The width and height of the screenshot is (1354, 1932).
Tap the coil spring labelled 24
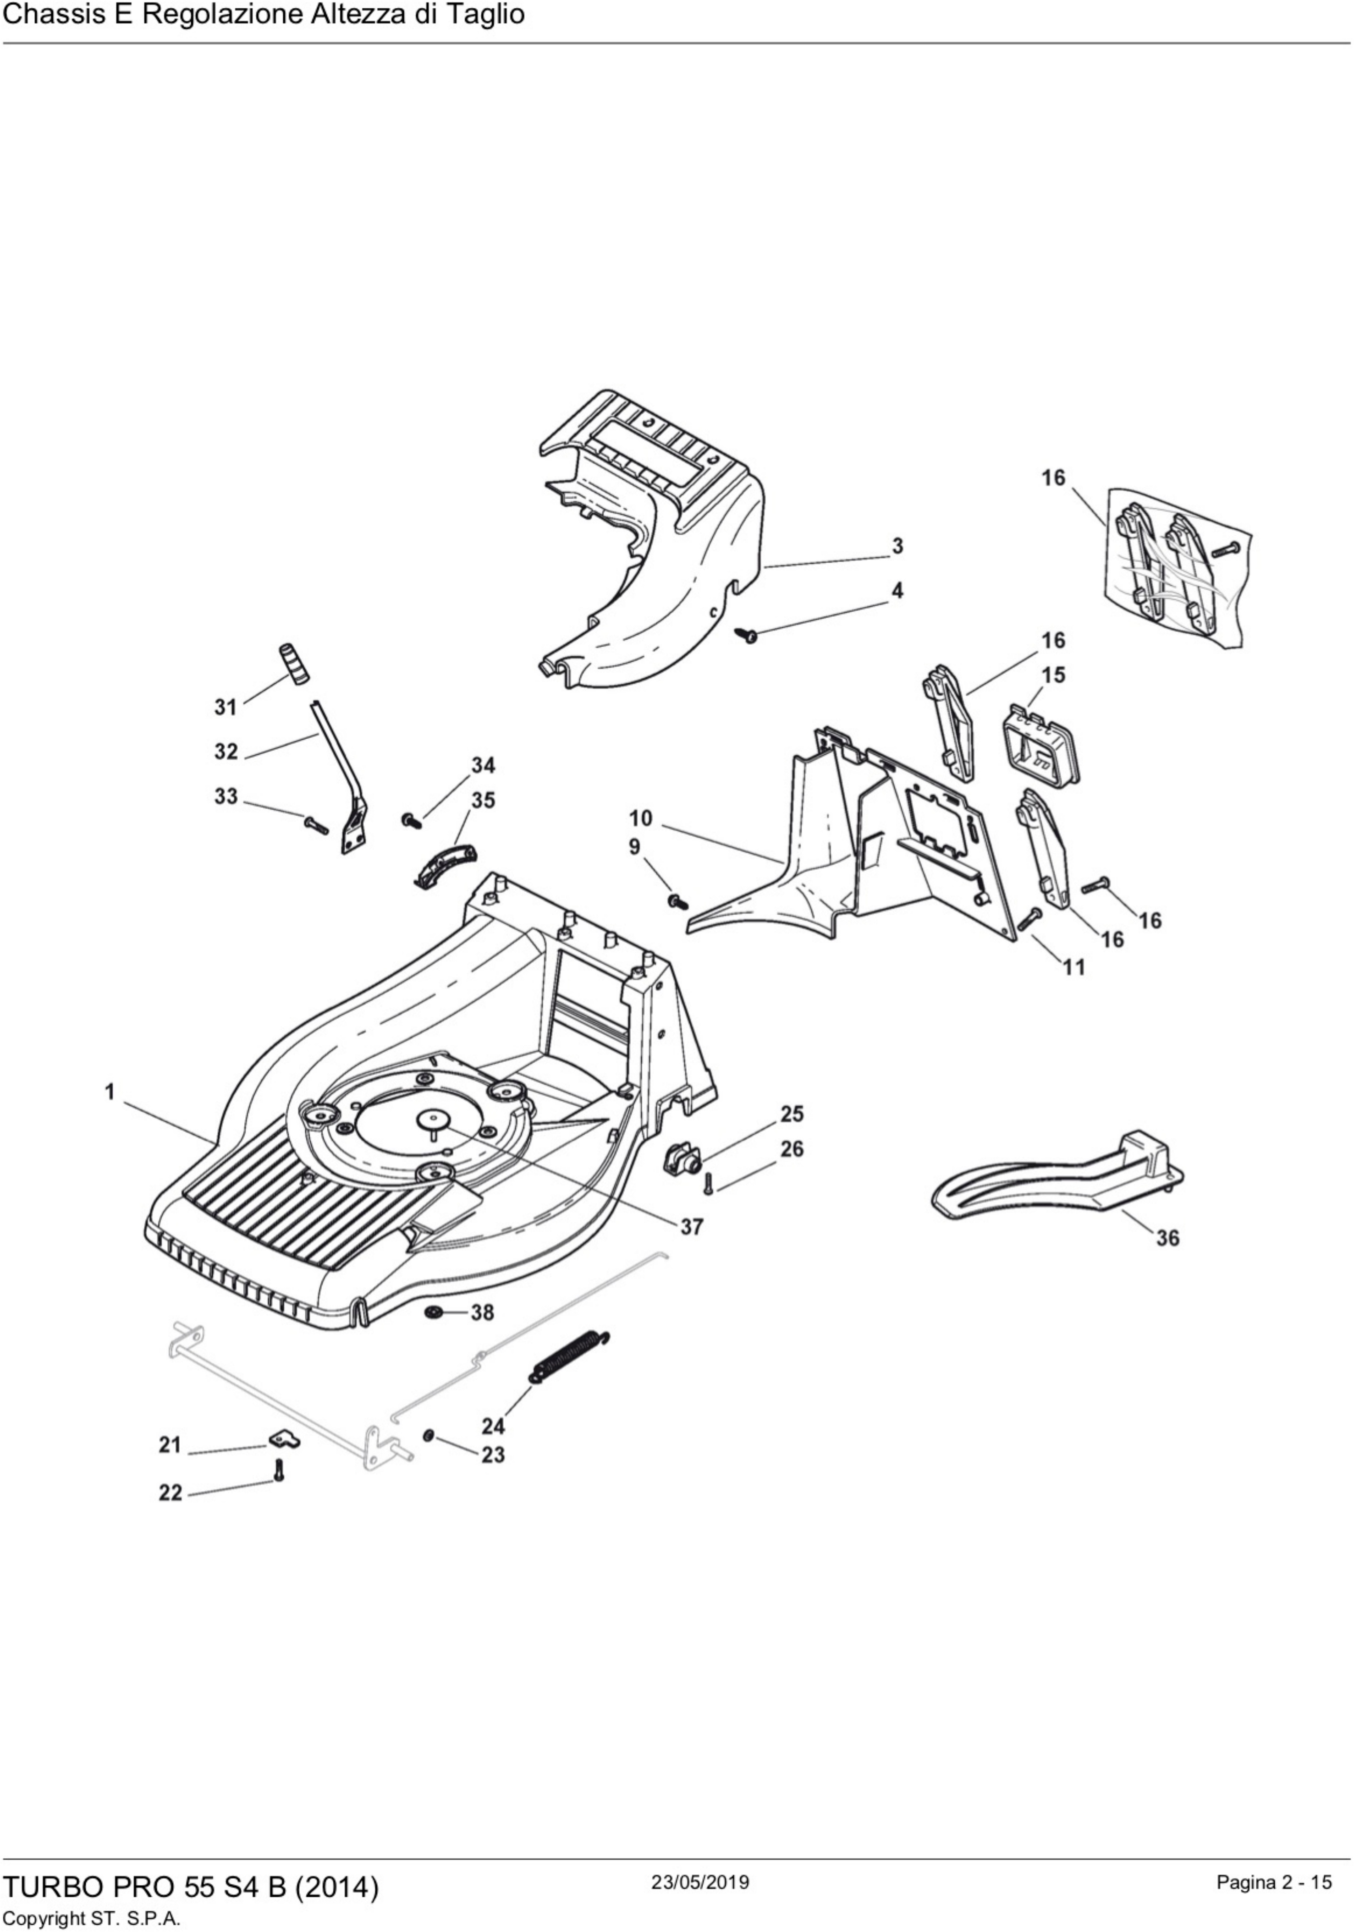[569, 1355]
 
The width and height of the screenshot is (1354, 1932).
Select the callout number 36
[1167, 1238]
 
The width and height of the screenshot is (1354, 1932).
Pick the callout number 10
[640, 818]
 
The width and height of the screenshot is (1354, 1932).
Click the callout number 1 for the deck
[110, 1092]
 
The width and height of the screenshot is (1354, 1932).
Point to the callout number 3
[898, 546]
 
